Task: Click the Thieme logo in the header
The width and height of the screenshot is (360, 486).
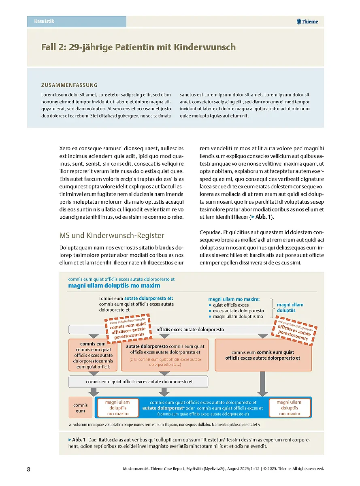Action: click(x=307, y=21)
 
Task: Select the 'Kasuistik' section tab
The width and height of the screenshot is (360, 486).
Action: click(x=45, y=21)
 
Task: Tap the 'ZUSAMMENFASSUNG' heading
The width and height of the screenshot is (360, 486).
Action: click(x=69, y=85)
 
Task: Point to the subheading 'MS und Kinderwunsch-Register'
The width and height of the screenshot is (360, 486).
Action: click(x=111, y=235)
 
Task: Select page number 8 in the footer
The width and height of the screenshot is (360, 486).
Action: click(x=28, y=469)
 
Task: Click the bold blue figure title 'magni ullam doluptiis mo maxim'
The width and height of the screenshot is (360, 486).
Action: click(x=114, y=286)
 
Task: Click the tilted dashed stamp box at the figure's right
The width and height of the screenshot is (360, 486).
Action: click(x=296, y=330)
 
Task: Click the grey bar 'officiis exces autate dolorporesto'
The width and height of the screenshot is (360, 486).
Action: click(x=190, y=330)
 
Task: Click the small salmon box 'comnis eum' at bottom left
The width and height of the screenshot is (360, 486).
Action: click(x=81, y=408)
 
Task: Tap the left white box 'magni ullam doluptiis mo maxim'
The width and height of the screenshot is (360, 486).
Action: click(x=117, y=408)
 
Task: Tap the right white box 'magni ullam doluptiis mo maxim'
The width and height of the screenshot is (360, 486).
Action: click(x=289, y=408)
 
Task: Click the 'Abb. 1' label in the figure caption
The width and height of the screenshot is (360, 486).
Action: click(x=79, y=439)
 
